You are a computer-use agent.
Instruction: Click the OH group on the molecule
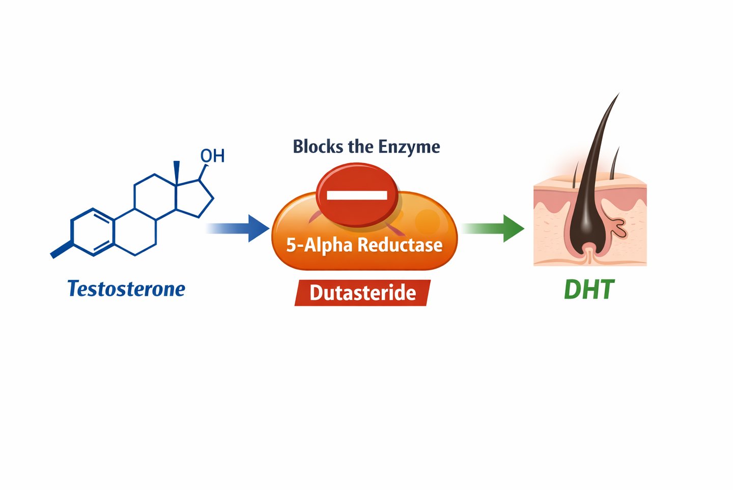tap(212, 156)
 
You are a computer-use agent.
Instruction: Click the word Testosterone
tap(126, 289)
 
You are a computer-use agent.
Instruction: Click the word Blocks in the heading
tap(318, 147)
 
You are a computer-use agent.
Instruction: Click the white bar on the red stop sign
tap(357, 195)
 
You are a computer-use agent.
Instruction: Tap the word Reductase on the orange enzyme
tap(400, 245)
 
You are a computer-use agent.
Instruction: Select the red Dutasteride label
tap(362, 293)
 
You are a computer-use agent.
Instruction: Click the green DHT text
tap(589, 290)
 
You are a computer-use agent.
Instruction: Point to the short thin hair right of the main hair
tap(615, 163)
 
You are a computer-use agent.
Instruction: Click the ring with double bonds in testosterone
tap(92, 232)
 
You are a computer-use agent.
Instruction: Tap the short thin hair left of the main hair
tap(575, 173)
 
